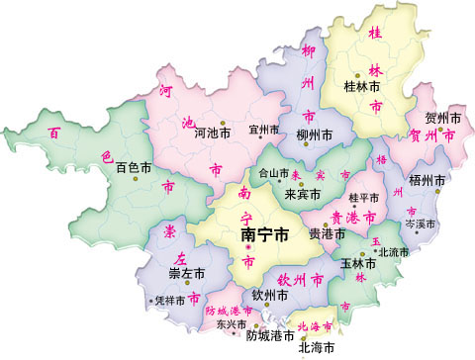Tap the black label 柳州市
pos(316,135)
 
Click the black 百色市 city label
pos(136,168)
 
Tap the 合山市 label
pos(274,172)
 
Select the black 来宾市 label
pos(304,193)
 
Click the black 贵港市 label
pos(328,234)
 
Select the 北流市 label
pos(393,253)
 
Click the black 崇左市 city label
pos(186,272)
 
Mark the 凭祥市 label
pos(171,301)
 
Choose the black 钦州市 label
pos(270,295)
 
